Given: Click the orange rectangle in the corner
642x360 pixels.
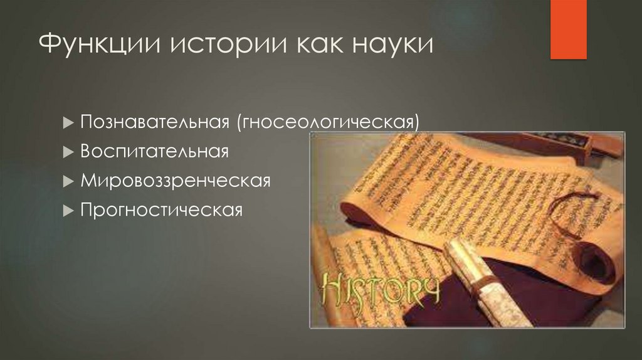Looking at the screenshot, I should [x=568, y=29].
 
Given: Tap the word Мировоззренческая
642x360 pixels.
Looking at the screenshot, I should [x=176, y=181].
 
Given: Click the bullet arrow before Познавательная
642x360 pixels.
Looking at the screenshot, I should [x=68, y=122].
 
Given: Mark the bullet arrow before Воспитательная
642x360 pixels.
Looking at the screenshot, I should [x=68, y=152].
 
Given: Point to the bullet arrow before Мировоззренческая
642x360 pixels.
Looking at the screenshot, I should [x=68, y=182].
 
